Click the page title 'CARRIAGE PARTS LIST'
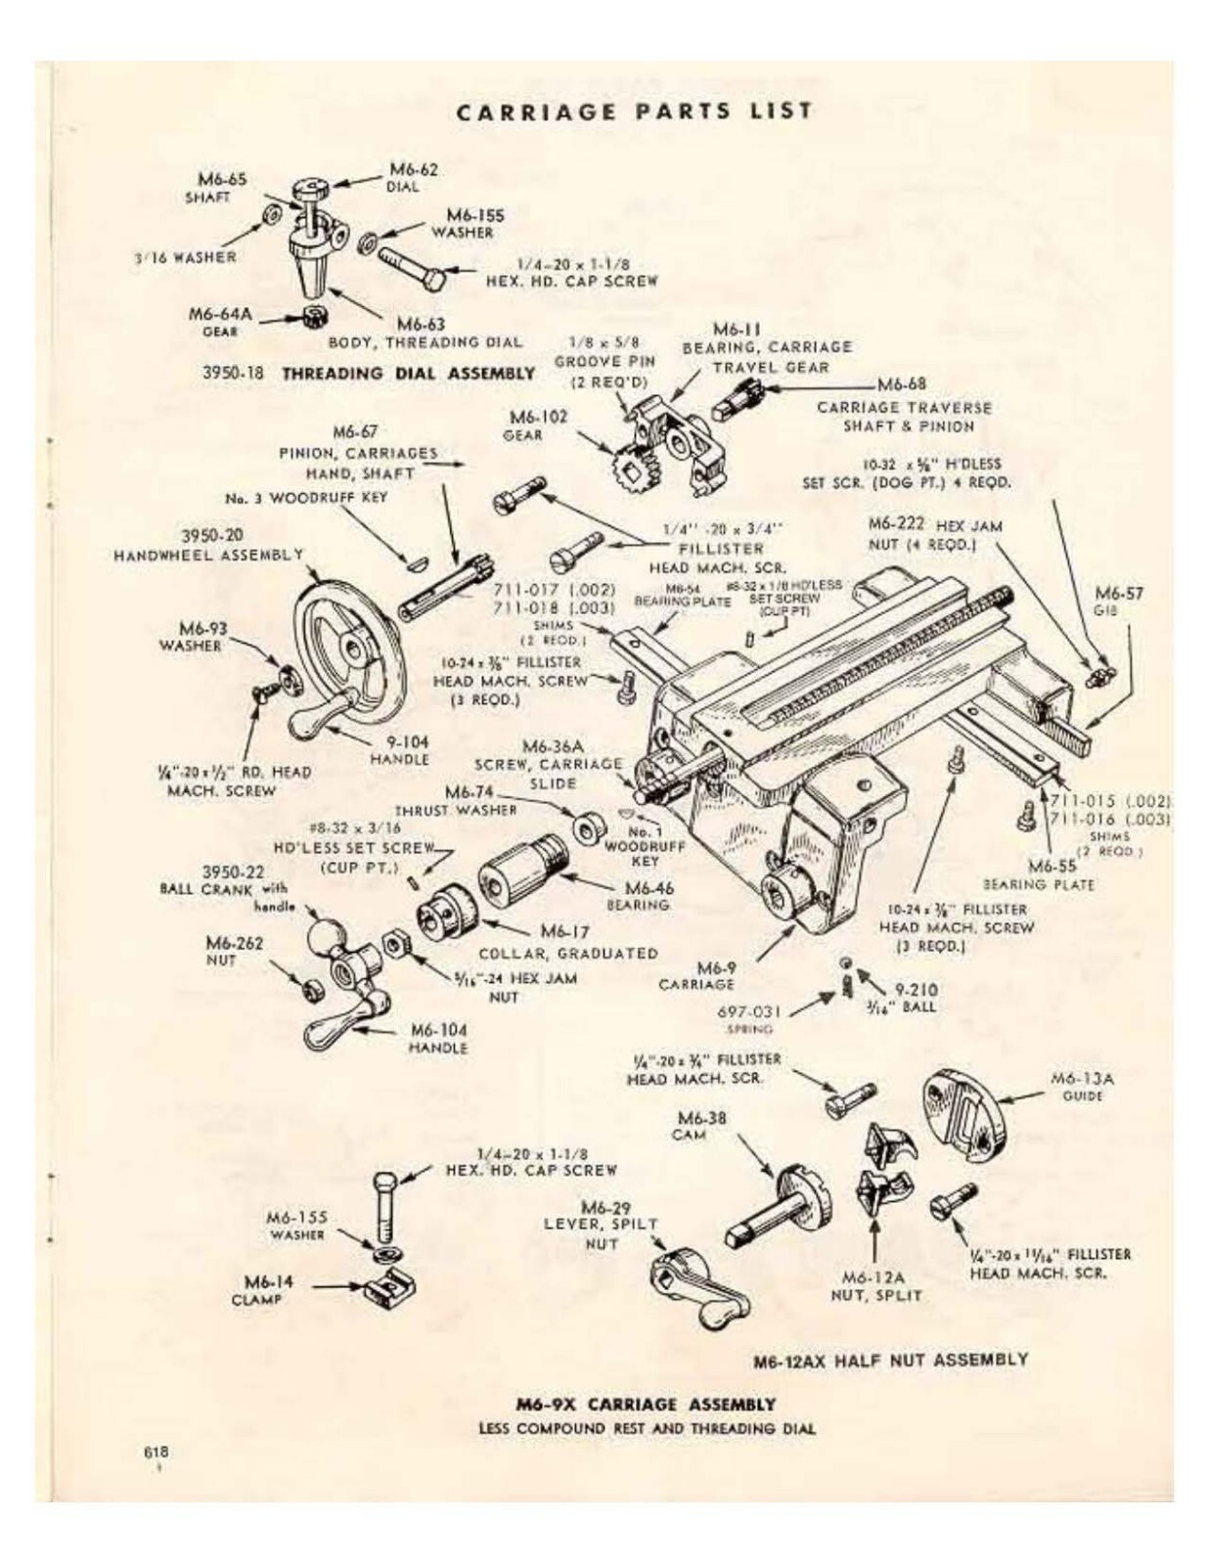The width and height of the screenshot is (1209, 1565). [x=634, y=111]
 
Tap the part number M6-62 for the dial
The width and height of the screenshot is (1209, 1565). [x=414, y=168]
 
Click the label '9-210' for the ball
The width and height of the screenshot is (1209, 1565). [x=916, y=989]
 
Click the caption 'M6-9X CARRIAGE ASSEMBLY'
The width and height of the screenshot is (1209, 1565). [x=646, y=1405]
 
